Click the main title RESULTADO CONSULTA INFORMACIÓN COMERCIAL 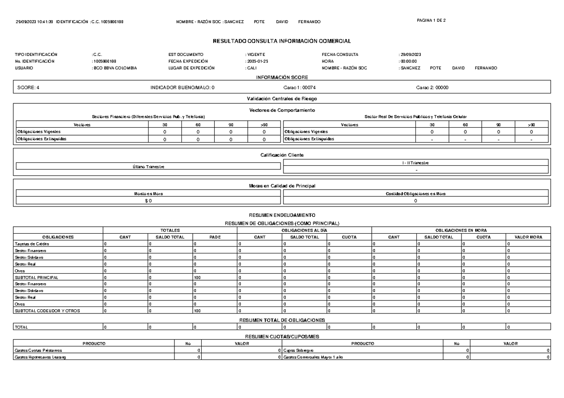point(282,42)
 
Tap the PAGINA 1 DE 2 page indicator point(434,21)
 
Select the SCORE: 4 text point(28,88)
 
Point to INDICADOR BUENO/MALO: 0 point(182,88)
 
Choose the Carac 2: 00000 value point(432,88)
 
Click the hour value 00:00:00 point(407,61)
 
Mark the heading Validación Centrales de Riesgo point(282,99)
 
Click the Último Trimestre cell point(148,167)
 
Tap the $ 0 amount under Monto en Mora point(148,200)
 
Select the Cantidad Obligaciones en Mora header point(415,193)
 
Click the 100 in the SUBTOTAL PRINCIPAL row point(197,277)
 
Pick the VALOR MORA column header point(527,237)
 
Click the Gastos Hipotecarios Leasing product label point(41,357)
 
